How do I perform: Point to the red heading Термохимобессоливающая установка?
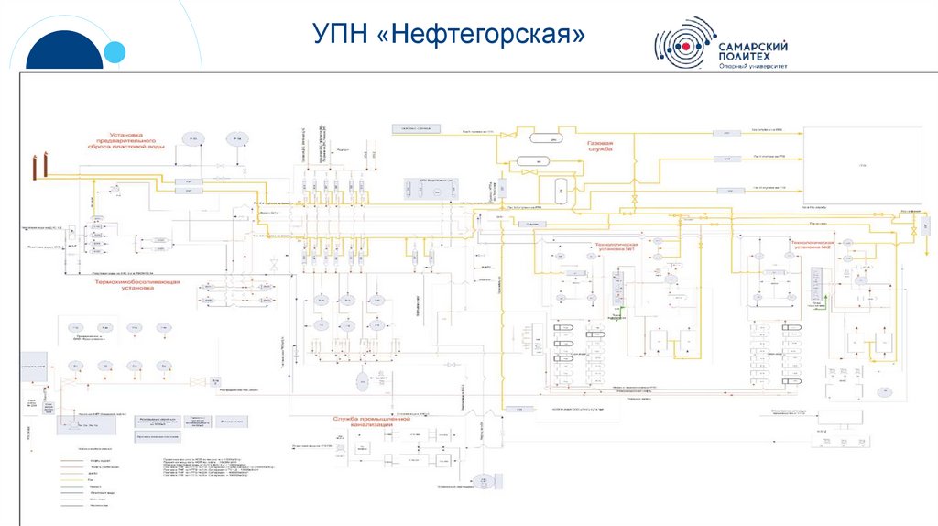137,285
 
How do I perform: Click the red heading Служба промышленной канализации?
363,422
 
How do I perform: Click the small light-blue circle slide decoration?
114,53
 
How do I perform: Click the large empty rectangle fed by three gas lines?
861,165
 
